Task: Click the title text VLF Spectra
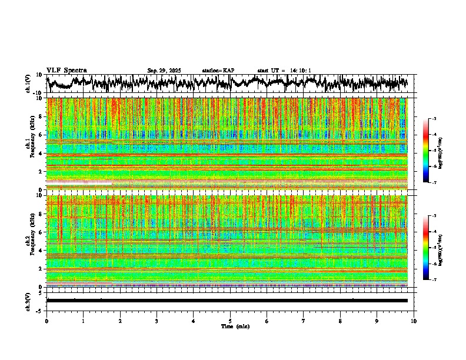pyautogui.click(x=66, y=70)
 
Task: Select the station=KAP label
pyautogui.click(x=218, y=71)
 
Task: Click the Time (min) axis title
pyautogui.click(x=235, y=326)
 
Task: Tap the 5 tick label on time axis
pyautogui.click(x=230, y=321)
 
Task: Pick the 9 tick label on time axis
pyautogui.click(x=377, y=321)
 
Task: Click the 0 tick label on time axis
pyautogui.click(x=46, y=321)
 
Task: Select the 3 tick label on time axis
pyautogui.click(x=157, y=321)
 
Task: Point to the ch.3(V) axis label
pyautogui.click(x=28, y=301)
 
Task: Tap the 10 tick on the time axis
pyautogui.click(x=414, y=321)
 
